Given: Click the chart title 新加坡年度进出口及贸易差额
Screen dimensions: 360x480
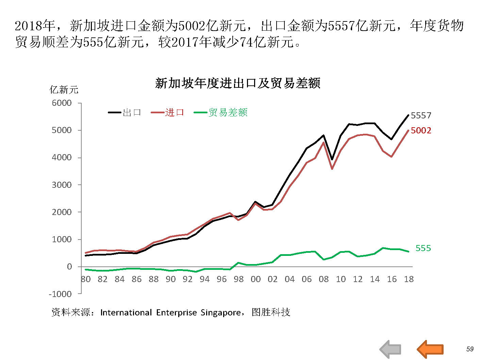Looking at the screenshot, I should tap(237, 83).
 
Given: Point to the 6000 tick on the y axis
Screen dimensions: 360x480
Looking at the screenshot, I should tap(62, 103).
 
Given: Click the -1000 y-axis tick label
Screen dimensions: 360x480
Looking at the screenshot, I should tap(60, 294).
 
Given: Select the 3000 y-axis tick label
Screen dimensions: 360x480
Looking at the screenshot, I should tap(62, 185).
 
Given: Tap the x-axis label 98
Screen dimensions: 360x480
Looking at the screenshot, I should tap(238, 279).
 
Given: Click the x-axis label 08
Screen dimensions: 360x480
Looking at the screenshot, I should tap(324, 279).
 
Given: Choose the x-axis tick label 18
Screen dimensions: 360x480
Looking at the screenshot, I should tap(409, 279).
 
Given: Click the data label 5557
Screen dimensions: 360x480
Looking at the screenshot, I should tap(421, 116).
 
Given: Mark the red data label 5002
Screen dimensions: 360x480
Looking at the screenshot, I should tap(421, 131).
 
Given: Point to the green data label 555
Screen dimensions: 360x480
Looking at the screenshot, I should tap(423, 248).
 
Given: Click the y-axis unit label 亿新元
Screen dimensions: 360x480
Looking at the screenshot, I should tap(64, 90).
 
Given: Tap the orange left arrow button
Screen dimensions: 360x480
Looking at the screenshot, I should tap(430, 349).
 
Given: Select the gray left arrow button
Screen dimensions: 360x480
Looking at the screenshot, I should tap(391, 349).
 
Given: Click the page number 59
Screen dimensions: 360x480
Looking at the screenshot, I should tap(470, 349).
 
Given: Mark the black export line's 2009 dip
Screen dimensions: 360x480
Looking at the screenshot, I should tap(332, 159).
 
